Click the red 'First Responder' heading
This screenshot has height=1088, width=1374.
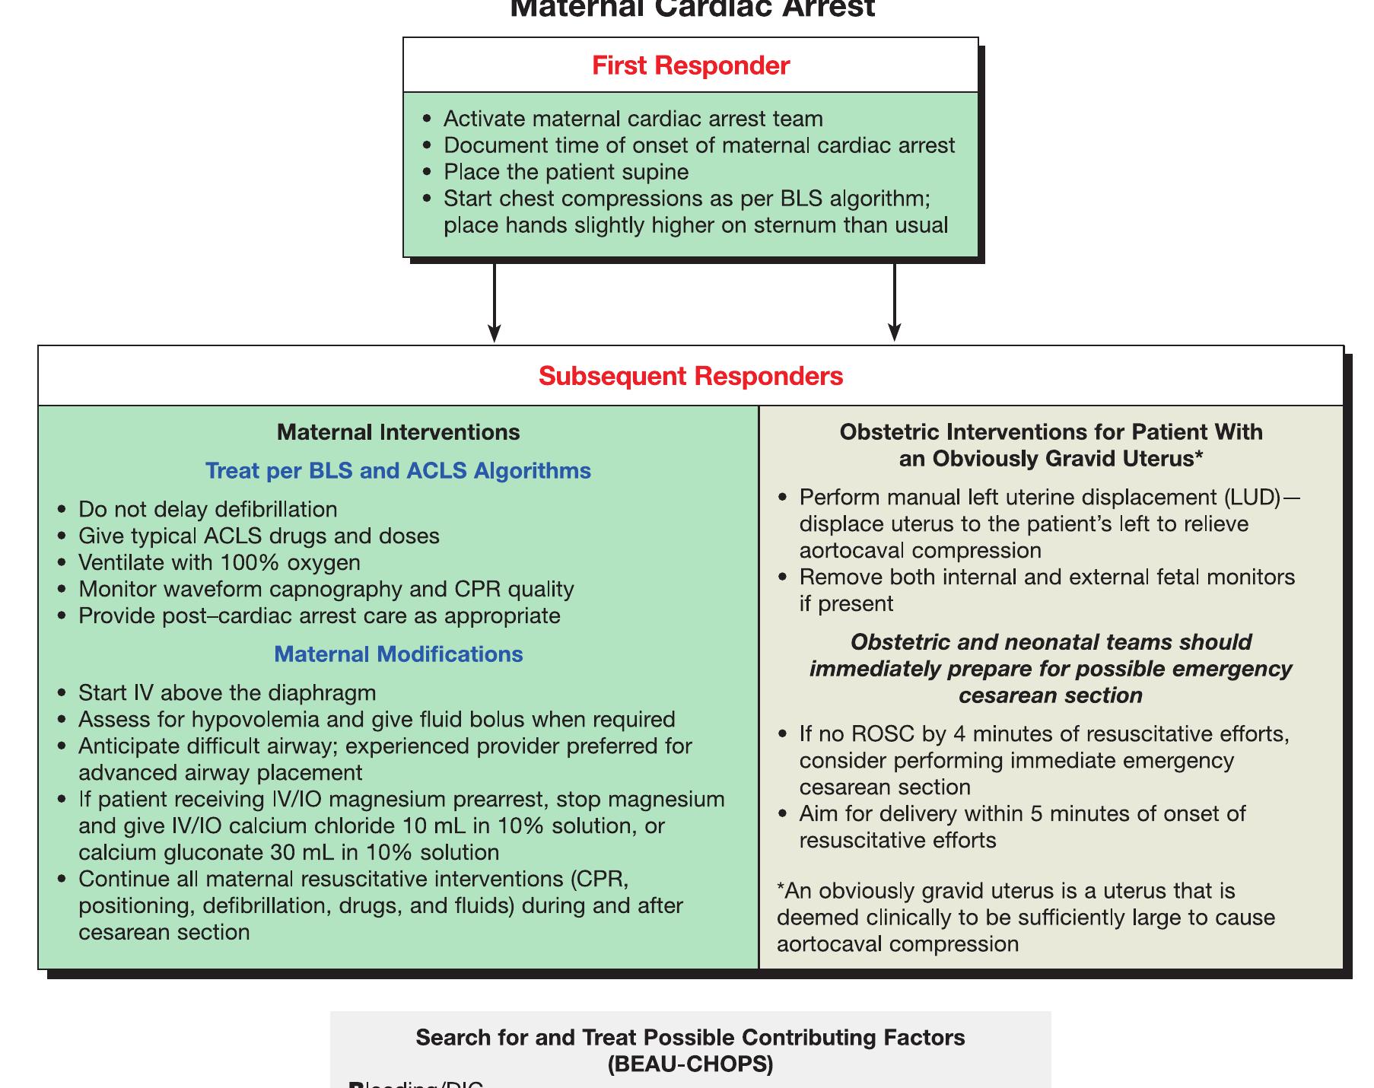tap(690, 65)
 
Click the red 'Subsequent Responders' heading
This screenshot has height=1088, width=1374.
tap(690, 376)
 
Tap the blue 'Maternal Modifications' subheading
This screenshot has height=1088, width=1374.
tap(398, 654)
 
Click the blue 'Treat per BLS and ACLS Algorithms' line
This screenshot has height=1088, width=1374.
tap(398, 471)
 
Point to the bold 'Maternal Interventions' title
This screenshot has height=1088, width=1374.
tap(398, 432)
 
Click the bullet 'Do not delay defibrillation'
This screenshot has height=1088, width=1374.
tap(207, 509)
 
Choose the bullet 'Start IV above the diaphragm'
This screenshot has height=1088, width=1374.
tap(227, 693)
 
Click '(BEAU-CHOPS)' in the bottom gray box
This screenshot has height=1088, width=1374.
tap(690, 1064)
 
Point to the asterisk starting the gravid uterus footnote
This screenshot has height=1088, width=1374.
tap(781, 889)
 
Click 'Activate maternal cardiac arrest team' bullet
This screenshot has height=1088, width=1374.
tap(632, 119)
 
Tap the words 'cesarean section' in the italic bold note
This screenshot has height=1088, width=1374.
tap(1050, 695)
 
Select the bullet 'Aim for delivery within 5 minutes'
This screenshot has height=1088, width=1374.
tap(1022, 814)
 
